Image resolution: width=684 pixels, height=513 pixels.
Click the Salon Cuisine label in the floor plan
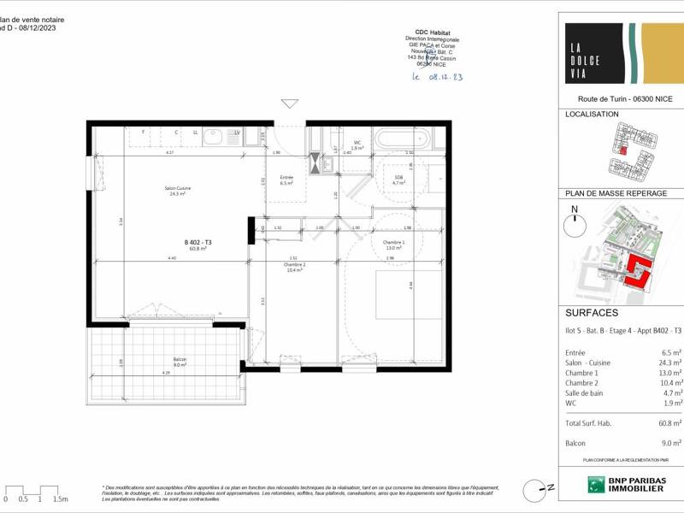click(x=178, y=191)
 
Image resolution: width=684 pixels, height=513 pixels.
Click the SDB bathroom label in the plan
click(x=398, y=179)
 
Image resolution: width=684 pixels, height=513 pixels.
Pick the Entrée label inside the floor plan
click(x=286, y=180)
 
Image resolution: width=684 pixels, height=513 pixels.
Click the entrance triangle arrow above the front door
click(x=290, y=104)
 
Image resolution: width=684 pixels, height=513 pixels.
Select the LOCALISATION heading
click(x=593, y=114)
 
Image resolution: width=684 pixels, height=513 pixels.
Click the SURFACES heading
click(x=592, y=313)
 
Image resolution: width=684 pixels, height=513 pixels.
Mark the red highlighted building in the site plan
click(x=637, y=272)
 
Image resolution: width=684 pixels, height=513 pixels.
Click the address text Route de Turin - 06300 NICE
click(x=620, y=99)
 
